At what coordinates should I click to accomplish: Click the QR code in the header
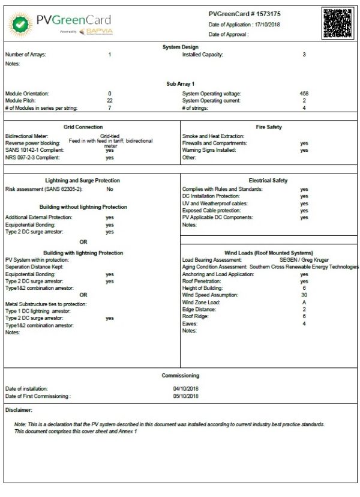pyautogui.click(x=338, y=23)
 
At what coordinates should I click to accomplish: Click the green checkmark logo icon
pyautogui.click(x=20, y=25)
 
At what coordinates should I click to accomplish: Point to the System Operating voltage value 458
pyautogui.click(x=304, y=94)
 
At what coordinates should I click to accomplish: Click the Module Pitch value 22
pyautogui.click(x=109, y=101)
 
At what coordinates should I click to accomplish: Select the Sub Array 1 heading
pyautogui.click(x=180, y=84)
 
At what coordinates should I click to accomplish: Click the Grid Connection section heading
pyautogui.click(x=83, y=127)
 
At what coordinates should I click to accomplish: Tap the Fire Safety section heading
pyautogui.click(x=268, y=127)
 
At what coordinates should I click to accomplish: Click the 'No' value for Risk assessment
pyautogui.click(x=110, y=189)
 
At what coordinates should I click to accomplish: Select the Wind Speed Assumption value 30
pyautogui.click(x=304, y=295)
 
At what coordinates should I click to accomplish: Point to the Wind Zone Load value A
pyautogui.click(x=304, y=303)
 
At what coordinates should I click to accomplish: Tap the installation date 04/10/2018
pyautogui.click(x=185, y=389)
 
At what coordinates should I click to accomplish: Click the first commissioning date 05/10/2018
pyautogui.click(x=185, y=396)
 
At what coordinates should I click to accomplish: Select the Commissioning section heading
pyautogui.click(x=180, y=376)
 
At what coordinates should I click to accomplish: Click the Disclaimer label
pyautogui.click(x=19, y=409)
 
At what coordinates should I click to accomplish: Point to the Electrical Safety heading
pyautogui.click(x=268, y=180)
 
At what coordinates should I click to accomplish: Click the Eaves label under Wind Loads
pyautogui.click(x=190, y=324)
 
